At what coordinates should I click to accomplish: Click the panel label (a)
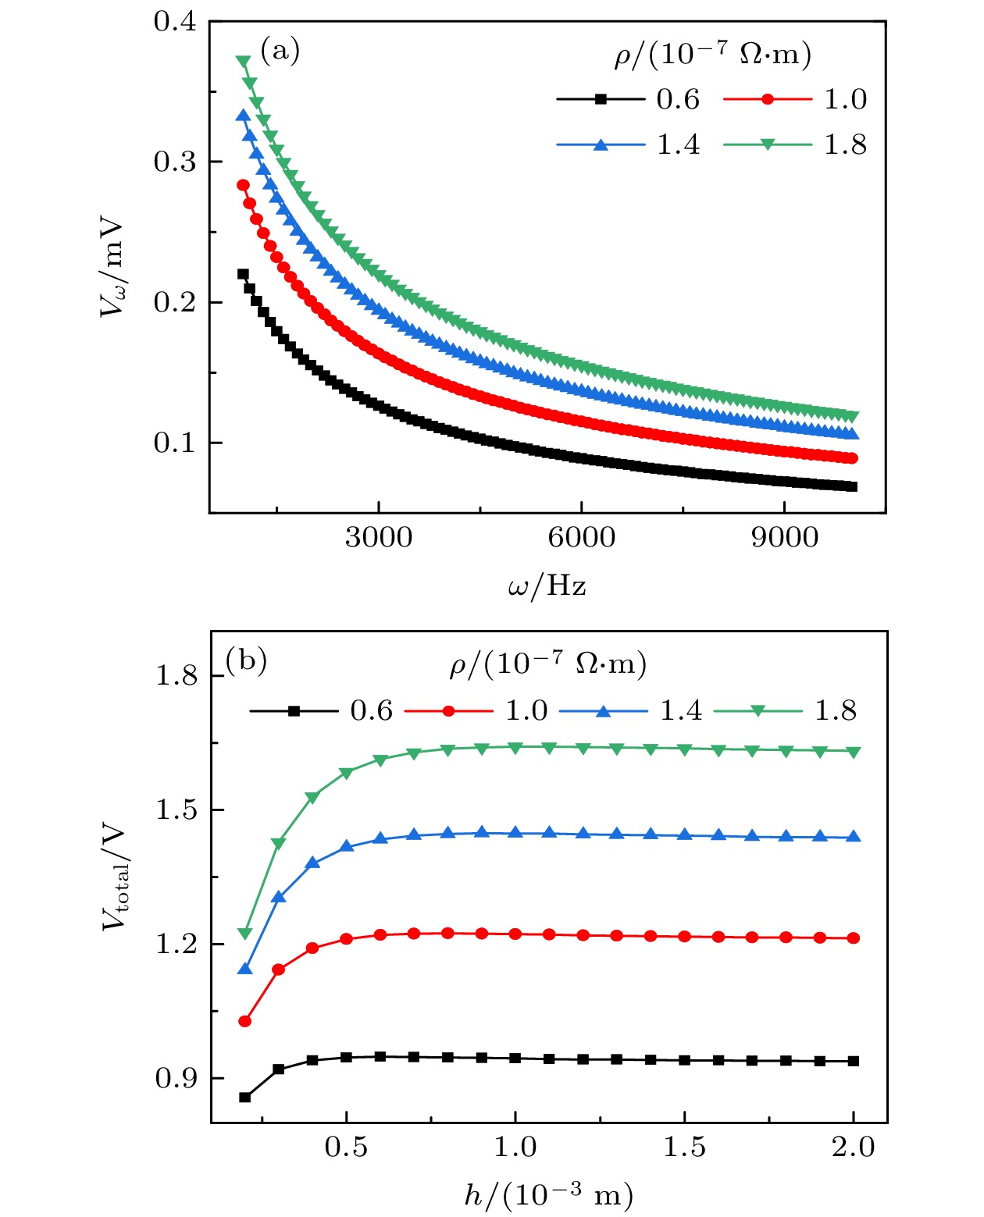280,52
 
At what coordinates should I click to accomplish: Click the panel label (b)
246,660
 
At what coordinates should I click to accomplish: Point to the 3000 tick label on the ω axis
379,538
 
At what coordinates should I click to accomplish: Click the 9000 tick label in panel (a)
785,538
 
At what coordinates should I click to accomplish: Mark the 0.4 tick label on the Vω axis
175,22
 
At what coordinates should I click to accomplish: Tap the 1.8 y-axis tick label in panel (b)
176,675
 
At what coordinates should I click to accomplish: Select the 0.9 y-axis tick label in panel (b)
176,1079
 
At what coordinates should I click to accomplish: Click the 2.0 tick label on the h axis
853,1148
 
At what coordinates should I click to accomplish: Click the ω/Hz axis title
547,585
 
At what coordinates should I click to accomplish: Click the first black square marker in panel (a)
243,274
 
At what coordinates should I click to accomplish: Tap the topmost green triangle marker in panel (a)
243,62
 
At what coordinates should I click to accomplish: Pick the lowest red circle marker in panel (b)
245,1021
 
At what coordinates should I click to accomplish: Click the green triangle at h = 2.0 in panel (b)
854,752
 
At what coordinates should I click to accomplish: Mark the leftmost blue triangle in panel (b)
245,969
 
